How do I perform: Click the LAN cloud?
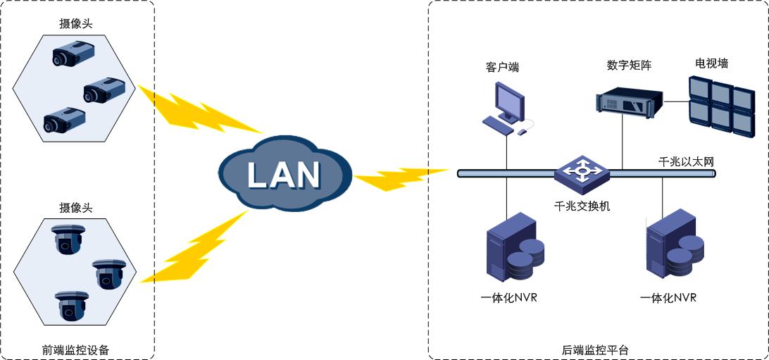[x=283, y=173]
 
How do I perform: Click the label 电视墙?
[x=711, y=63]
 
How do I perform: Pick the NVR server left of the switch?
[x=515, y=250]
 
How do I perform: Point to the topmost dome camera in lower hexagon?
[x=68, y=239]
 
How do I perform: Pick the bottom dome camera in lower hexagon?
[x=73, y=305]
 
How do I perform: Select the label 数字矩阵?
[x=629, y=66]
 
